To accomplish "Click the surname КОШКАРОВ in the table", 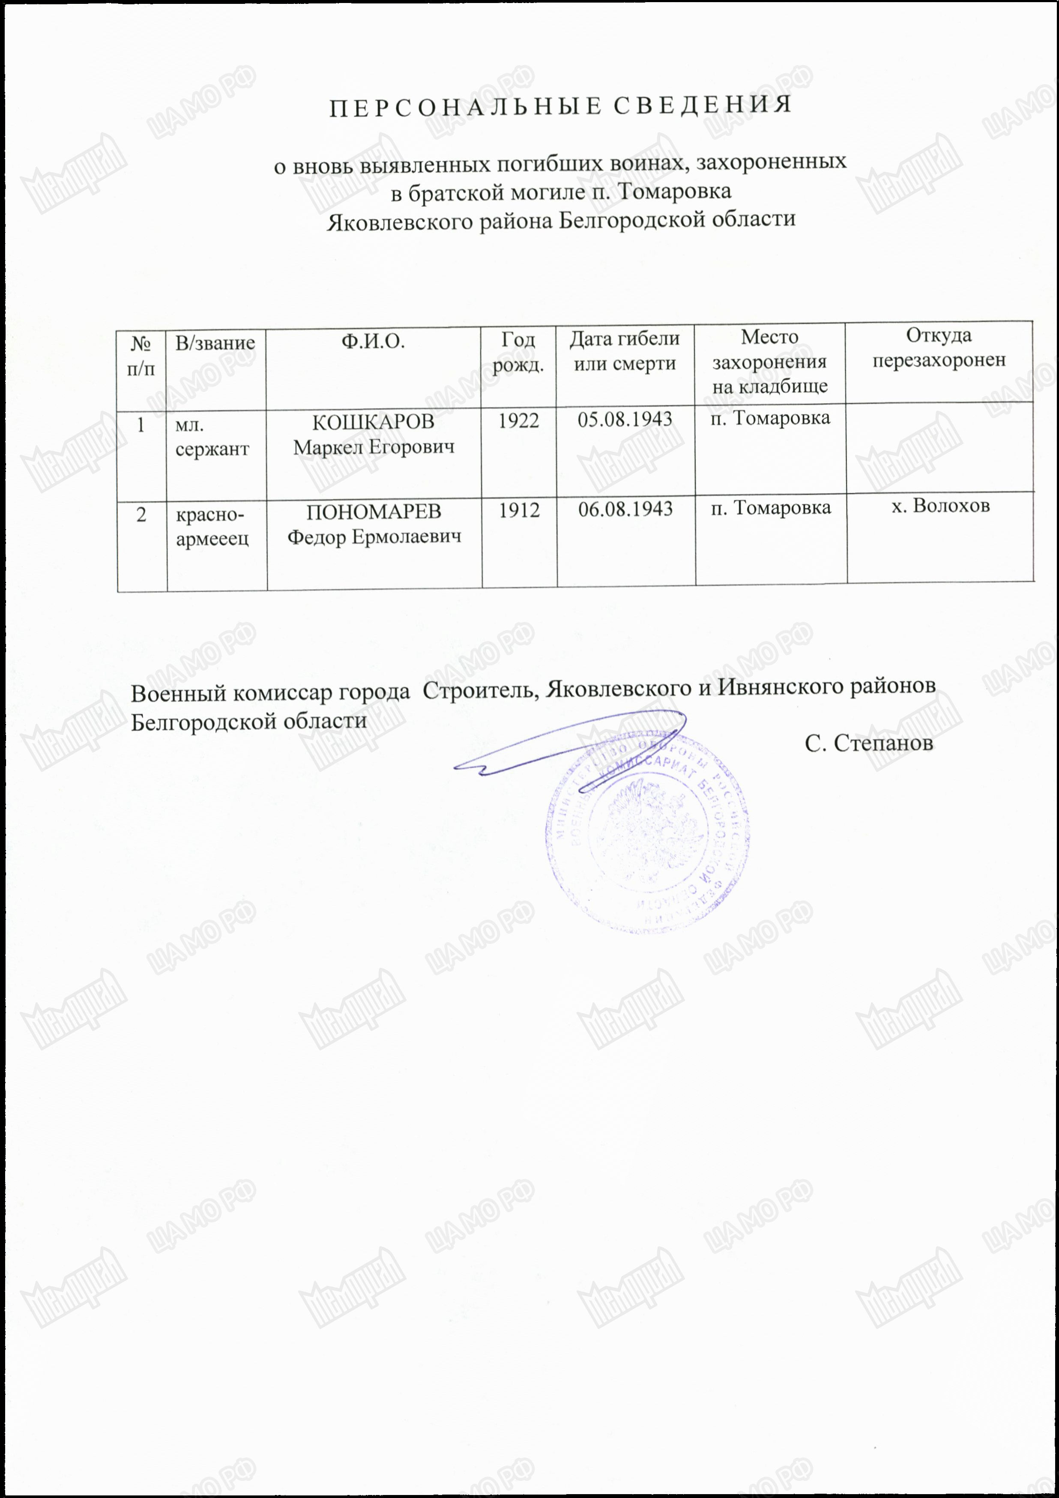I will tap(373, 422).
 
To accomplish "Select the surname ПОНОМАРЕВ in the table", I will tap(374, 512).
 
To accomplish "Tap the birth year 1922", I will tap(519, 421).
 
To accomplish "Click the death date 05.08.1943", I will tap(625, 419).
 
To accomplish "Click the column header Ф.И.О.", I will tap(373, 341).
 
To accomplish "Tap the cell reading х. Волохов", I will tap(941, 506).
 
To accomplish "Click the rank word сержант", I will tap(212, 449).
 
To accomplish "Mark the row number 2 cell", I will tap(141, 515).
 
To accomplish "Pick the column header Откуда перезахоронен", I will tap(939, 348).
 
